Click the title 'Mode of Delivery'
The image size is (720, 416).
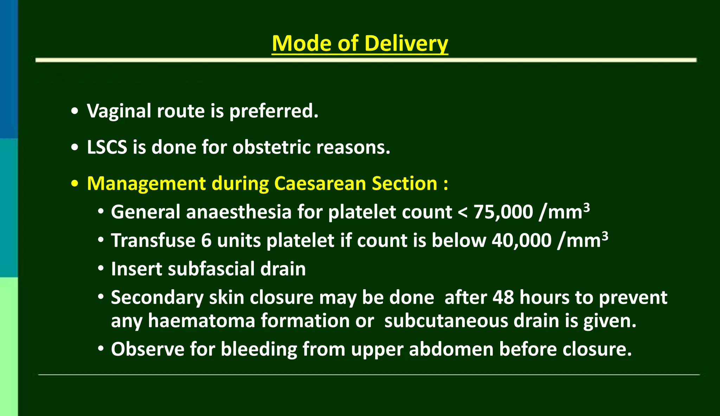coord(360,43)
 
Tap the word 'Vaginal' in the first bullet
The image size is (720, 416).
coord(119,111)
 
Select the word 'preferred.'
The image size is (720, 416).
coord(274,111)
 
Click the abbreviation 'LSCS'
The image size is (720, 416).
coord(107,147)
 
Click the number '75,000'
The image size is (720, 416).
coord(503,212)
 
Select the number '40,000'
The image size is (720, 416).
coord(521,241)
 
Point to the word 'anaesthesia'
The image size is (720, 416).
coord(239,212)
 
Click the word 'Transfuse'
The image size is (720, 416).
coord(153,241)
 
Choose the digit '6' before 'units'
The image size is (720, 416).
coord(206,241)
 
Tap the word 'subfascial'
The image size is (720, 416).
coord(211,269)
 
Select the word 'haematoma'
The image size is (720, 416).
coord(201,321)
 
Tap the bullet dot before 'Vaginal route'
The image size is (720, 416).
coord(75,111)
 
